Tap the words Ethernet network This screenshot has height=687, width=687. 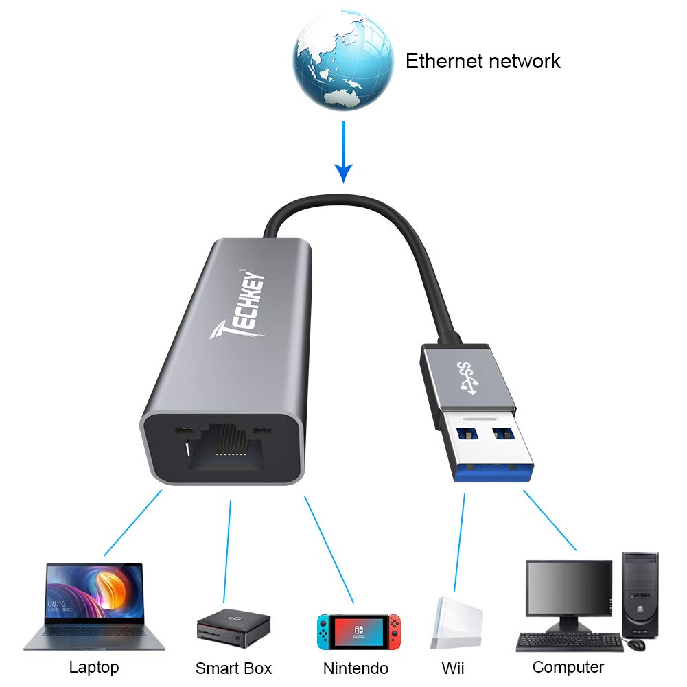coord(482,61)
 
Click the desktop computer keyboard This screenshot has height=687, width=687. coord(570,642)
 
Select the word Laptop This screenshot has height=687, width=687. coord(94,667)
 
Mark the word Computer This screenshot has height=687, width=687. coord(568,666)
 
